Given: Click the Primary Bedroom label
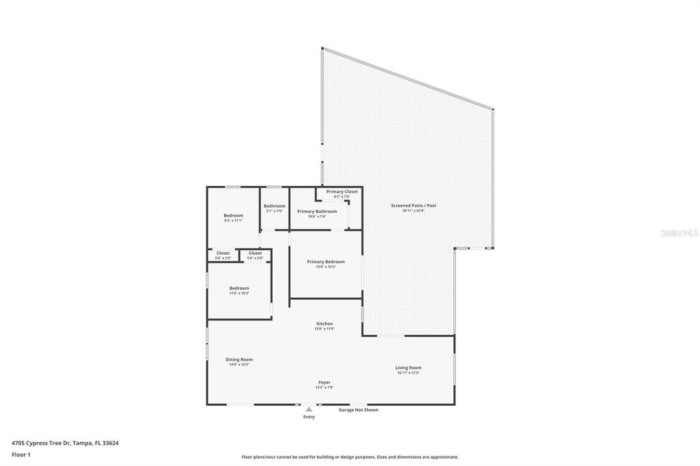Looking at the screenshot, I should coord(325,262).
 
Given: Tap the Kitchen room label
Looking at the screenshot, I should coord(324,323).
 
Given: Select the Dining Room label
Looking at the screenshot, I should coord(239,359).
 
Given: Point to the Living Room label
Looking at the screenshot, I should coord(408,368).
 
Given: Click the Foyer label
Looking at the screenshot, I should coord(324,382).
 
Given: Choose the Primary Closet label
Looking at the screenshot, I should coord(342,191).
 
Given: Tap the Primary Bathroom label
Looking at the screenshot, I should coord(317,211).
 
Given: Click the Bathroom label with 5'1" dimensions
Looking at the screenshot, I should coord(274,206).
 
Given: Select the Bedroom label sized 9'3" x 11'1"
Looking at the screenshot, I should coord(233,215).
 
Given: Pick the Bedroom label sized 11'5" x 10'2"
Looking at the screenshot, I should coord(239,288).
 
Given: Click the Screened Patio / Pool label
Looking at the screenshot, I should coord(413,206).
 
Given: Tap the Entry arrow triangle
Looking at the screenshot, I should coord(309,409).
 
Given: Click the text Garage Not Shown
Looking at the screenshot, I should coord(359,410).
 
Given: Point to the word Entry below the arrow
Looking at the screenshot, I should coord(309,417).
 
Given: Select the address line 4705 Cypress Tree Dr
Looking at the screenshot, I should coord(65,443).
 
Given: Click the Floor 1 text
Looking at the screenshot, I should coord(21,454).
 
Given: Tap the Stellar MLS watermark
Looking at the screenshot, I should coord(678,233).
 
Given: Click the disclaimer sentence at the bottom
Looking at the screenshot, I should coord(349,457).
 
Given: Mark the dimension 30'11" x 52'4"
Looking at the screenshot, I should coord(413,211).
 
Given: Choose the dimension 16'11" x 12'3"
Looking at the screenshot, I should coord(408,373).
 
